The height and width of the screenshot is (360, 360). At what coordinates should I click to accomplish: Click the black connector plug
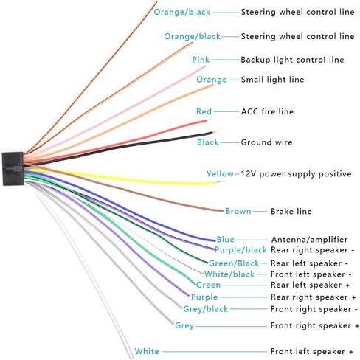(x=13, y=169)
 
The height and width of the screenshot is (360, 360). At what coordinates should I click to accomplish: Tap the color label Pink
(x=201, y=60)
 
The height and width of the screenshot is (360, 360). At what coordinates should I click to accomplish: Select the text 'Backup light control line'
(x=292, y=60)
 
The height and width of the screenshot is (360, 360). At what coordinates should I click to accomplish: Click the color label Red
(x=204, y=111)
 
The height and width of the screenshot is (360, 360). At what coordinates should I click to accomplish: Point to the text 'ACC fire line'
(x=267, y=111)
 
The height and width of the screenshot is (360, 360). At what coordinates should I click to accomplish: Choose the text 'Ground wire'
(x=266, y=142)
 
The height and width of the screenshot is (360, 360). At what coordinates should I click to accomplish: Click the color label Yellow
(x=220, y=174)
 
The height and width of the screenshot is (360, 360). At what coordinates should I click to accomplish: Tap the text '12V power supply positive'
(x=296, y=174)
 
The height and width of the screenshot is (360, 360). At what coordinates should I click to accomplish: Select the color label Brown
(x=238, y=211)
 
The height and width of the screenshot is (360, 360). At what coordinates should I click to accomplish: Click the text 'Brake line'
(x=291, y=211)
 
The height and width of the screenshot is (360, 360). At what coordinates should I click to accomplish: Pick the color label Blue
(x=225, y=240)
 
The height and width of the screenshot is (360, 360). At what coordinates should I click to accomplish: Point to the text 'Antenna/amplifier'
(x=309, y=240)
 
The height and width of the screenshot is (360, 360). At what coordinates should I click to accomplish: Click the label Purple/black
(x=240, y=250)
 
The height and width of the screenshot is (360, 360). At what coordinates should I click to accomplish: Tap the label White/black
(x=229, y=274)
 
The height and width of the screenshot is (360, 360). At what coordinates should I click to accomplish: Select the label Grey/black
(x=206, y=309)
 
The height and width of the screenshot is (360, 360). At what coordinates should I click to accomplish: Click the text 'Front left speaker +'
(x=312, y=351)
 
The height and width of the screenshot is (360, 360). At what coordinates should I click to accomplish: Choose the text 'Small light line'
(x=272, y=80)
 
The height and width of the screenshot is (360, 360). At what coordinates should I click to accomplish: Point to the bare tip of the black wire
(x=215, y=132)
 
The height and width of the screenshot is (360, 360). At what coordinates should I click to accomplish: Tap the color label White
(x=147, y=351)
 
